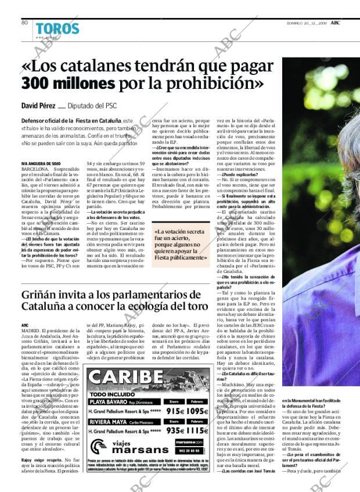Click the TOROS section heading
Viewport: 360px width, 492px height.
pyautogui.click(x=57, y=28)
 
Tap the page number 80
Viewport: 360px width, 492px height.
pyautogui.click(x=24, y=23)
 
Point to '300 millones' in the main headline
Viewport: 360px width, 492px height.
pyautogui.click(x=67, y=84)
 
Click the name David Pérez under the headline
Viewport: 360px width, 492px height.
pyautogui.click(x=38, y=106)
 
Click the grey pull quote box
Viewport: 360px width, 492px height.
pyautogui.click(x=179, y=241)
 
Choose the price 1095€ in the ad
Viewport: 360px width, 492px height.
pyautogui.click(x=197, y=411)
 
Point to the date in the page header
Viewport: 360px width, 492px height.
pyautogui.click(x=311, y=23)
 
